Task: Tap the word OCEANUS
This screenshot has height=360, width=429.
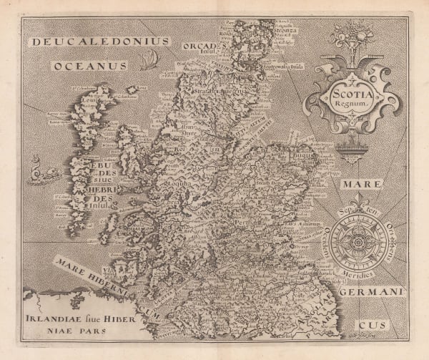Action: (90, 66)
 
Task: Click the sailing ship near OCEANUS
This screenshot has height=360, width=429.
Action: (149, 62)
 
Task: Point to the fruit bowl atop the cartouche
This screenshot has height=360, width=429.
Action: (353, 36)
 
